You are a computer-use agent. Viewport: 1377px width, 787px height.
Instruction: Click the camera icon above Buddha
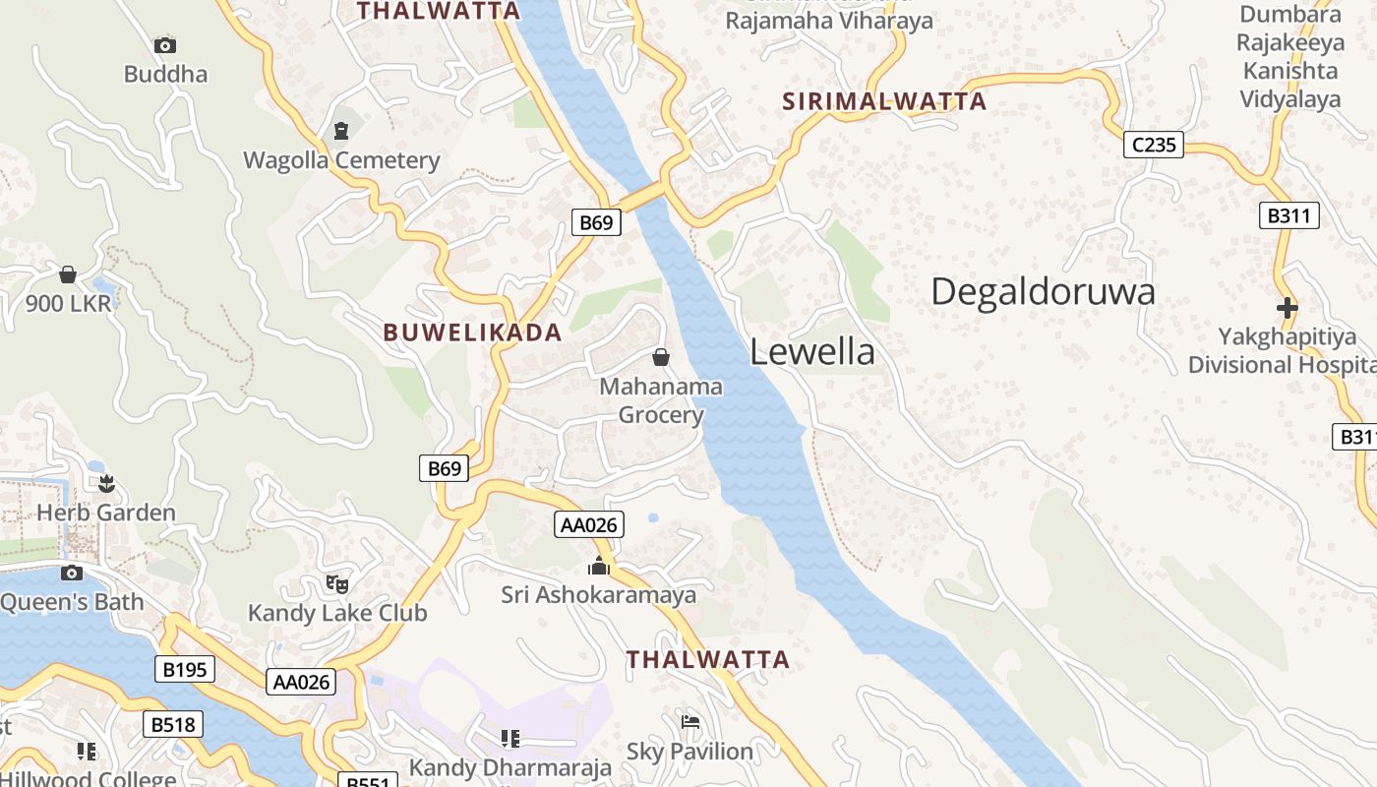click(x=165, y=45)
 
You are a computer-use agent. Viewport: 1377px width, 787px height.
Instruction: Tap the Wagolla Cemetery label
click(x=341, y=160)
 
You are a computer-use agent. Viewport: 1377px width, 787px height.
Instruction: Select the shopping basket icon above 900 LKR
click(x=68, y=273)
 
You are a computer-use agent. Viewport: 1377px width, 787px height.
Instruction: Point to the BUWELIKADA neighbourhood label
click(x=472, y=333)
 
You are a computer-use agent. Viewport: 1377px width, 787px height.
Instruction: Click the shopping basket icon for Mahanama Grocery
click(x=661, y=356)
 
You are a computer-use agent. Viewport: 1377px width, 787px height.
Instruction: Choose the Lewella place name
click(x=812, y=351)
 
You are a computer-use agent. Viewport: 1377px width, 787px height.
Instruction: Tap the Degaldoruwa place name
click(x=1043, y=292)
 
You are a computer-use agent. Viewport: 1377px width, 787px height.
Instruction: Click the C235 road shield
click(x=1154, y=146)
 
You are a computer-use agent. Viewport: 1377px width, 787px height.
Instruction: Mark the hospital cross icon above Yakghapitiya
click(x=1287, y=308)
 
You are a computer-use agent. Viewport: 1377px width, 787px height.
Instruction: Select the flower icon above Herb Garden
click(x=106, y=483)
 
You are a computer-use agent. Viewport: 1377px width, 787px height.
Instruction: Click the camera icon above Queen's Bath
click(x=72, y=573)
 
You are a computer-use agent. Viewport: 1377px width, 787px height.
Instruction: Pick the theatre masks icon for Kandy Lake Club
click(x=337, y=583)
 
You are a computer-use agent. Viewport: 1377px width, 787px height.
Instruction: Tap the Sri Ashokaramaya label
click(x=598, y=594)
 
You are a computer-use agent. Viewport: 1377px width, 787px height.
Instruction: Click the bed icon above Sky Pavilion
click(x=690, y=722)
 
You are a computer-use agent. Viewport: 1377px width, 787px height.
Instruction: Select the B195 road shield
click(x=185, y=670)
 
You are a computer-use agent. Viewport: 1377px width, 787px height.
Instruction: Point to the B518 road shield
click(x=174, y=725)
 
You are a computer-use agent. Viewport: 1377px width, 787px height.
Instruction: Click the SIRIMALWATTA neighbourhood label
click(x=884, y=101)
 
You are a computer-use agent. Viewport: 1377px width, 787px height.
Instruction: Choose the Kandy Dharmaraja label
click(x=510, y=767)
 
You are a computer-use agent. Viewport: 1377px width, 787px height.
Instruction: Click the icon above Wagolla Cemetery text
click(x=341, y=130)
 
